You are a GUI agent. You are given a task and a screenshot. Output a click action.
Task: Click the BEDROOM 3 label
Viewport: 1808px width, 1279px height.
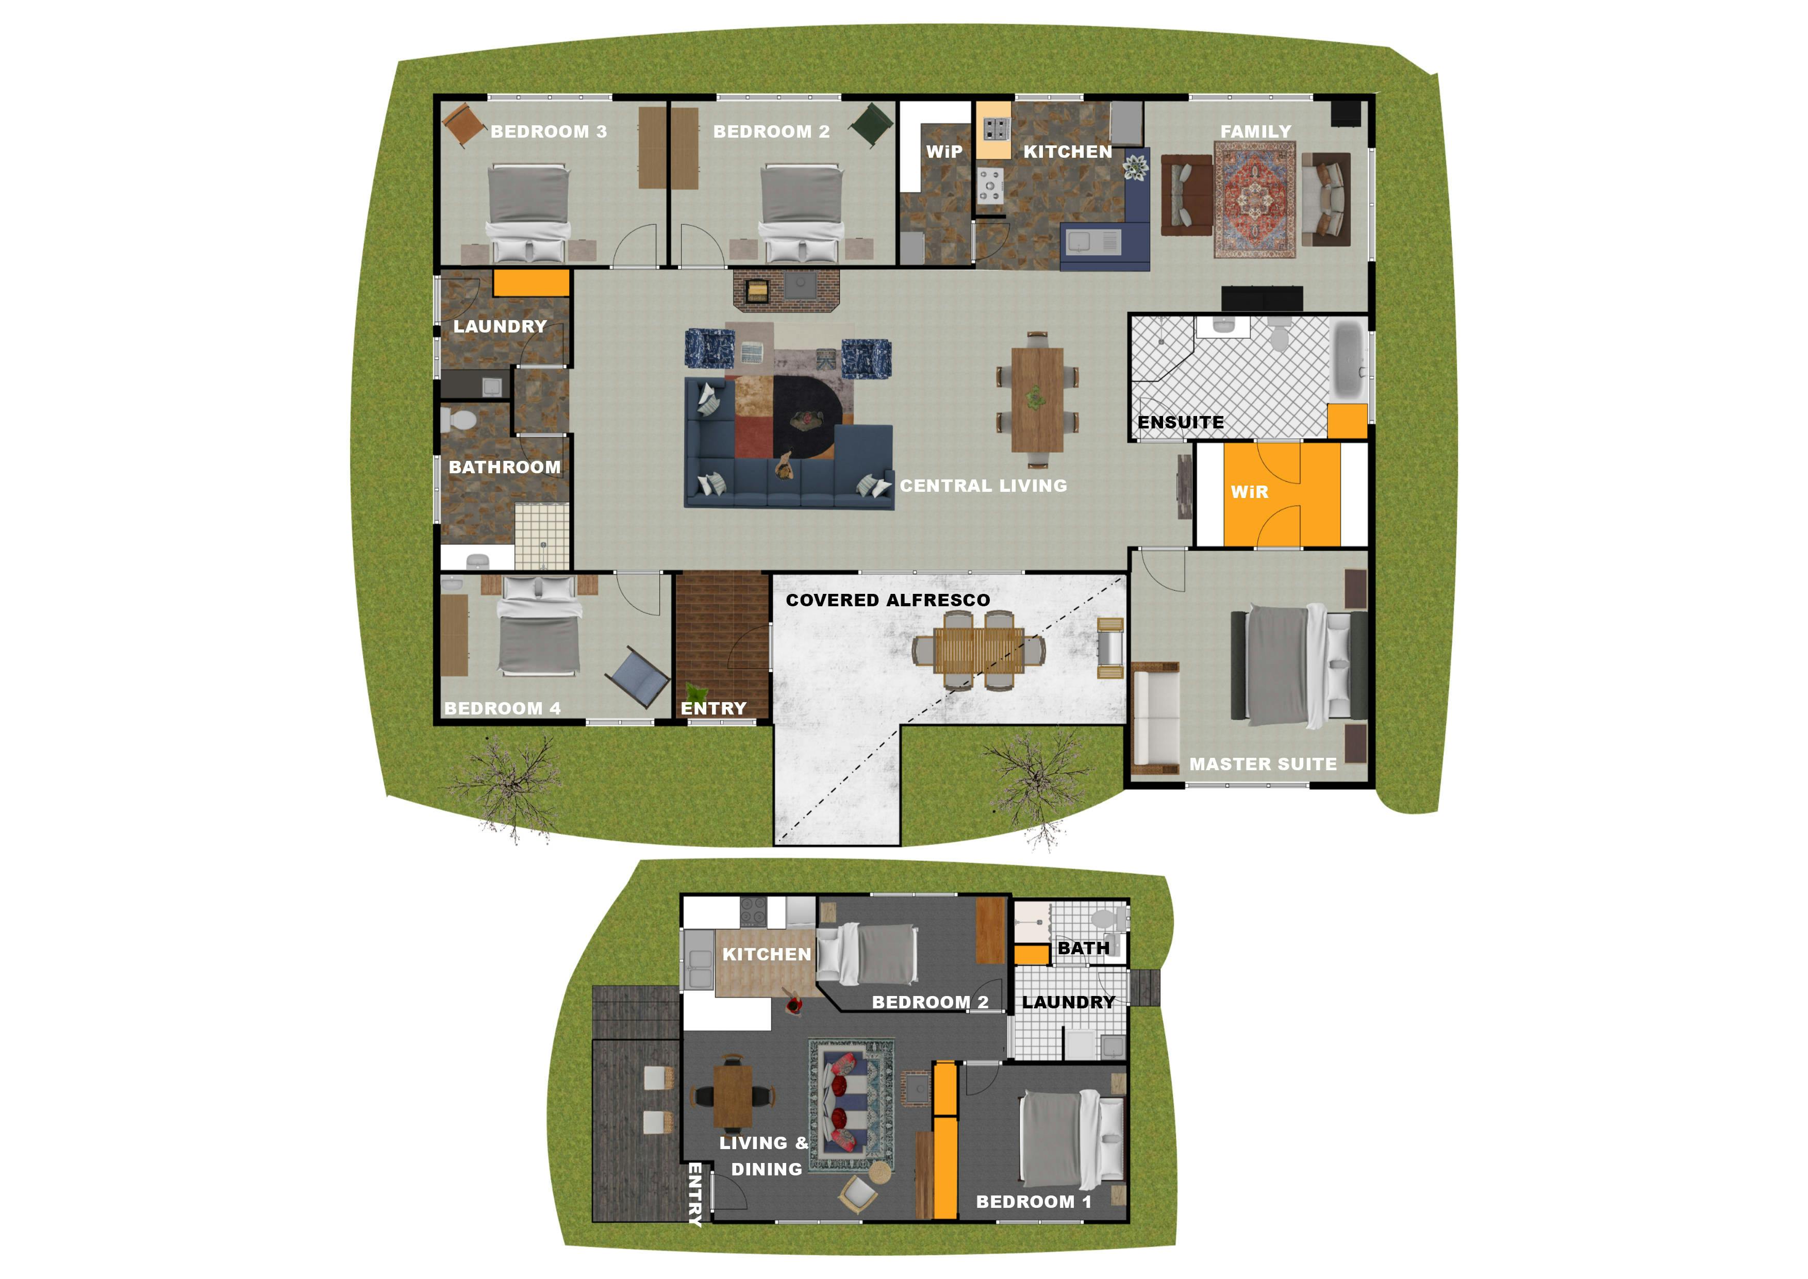(549, 131)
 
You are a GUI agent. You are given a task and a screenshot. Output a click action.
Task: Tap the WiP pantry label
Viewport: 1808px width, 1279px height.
(944, 152)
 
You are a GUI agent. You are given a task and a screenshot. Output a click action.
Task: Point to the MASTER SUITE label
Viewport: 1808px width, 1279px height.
(1263, 764)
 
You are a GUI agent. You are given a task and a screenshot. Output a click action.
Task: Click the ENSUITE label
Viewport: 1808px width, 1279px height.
(1181, 422)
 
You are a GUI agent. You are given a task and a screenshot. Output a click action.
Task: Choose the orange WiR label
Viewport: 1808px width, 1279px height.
(1250, 492)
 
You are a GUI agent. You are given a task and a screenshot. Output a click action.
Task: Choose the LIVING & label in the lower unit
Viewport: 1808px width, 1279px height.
(763, 1143)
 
